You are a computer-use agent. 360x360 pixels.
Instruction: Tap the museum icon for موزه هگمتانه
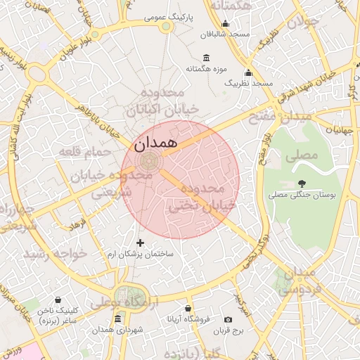[205, 58]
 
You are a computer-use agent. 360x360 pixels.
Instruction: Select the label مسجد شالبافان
[225, 34]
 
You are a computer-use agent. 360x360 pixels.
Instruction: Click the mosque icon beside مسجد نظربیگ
[248, 72]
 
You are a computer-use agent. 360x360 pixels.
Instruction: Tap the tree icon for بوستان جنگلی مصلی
[302, 182]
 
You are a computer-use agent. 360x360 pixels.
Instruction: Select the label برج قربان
[228, 330]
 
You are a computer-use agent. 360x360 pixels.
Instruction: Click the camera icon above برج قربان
[228, 319]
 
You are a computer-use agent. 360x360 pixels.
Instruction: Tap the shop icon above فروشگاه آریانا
[188, 308]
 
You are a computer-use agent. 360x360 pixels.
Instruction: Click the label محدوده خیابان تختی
[195, 198]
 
